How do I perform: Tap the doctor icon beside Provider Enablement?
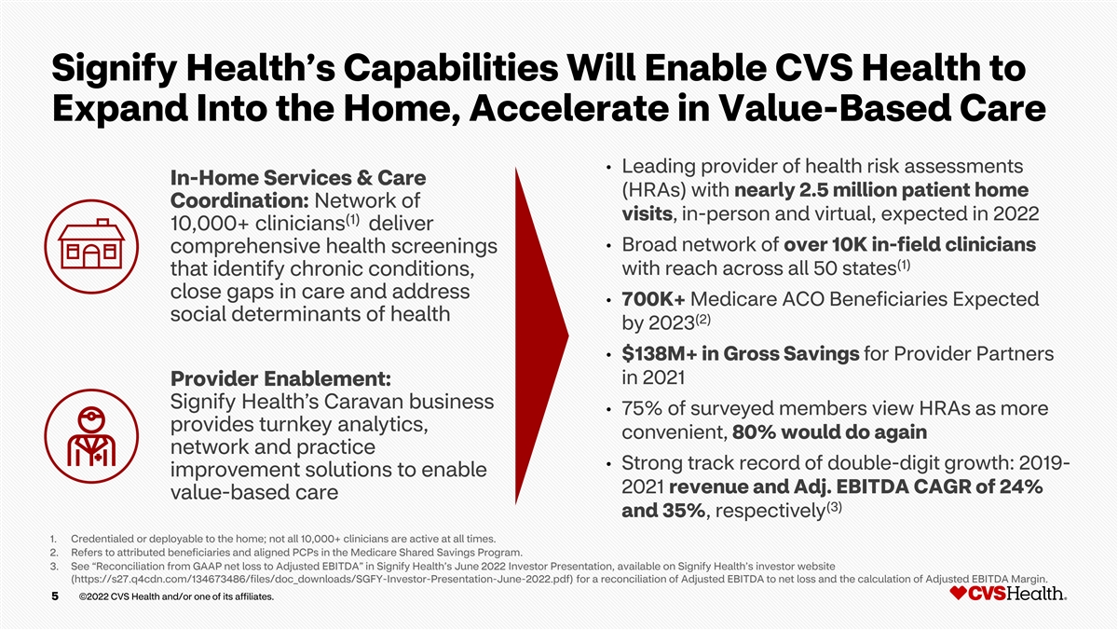click(x=91, y=436)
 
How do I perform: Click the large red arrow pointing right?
click(x=541, y=336)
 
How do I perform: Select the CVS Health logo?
click(x=1008, y=593)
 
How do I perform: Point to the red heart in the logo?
click(x=959, y=593)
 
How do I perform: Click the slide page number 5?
click(x=55, y=596)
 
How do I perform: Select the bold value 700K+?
click(x=653, y=299)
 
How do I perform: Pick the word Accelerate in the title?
click(x=568, y=109)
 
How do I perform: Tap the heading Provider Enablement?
click(x=281, y=379)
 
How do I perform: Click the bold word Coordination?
click(x=239, y=200)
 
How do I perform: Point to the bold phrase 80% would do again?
click(x=829, y=432)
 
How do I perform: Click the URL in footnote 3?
click(x=322, y=580)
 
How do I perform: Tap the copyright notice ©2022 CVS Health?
click(x=176, y=596)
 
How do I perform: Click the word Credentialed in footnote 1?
click(x=102, y=540)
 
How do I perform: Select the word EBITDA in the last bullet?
click(x=877, y=486)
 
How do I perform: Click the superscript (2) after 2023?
click(x=702, y=319)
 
